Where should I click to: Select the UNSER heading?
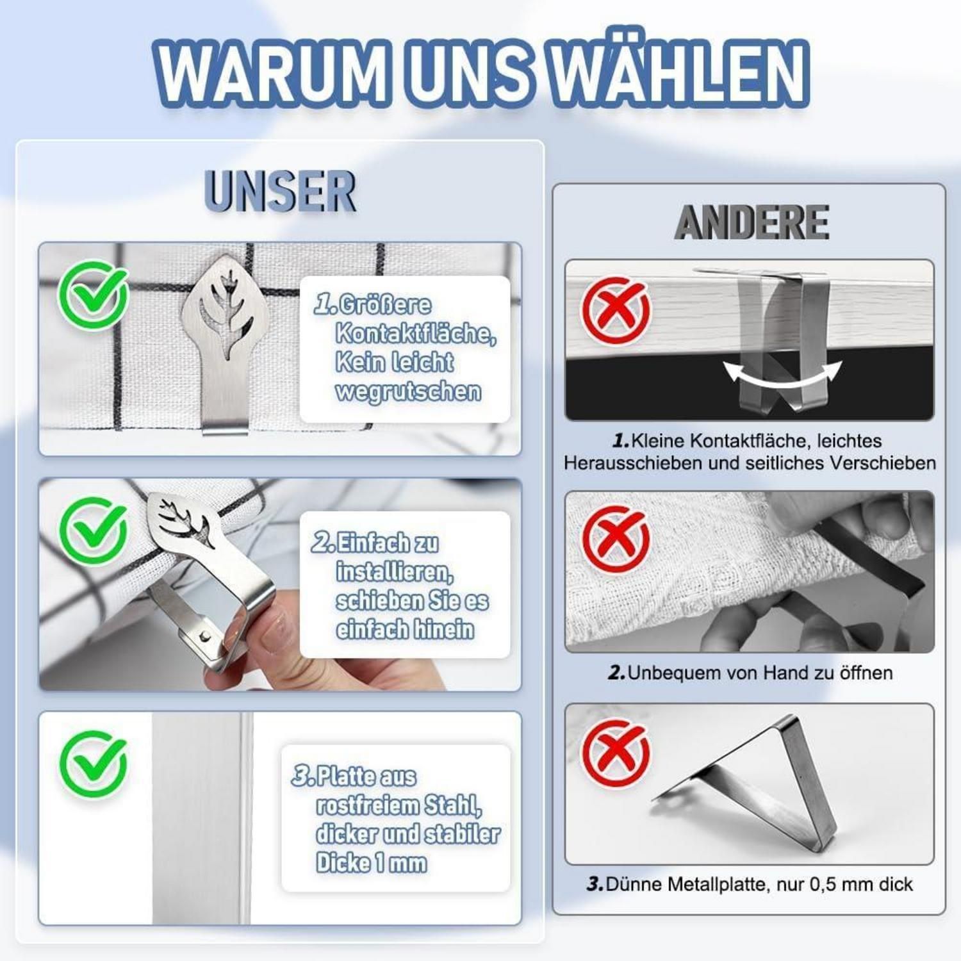(280, 191)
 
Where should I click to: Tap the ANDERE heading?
(752, 223)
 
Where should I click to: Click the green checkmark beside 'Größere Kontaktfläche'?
(94, 295)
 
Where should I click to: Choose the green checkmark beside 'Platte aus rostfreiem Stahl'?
(94, 764)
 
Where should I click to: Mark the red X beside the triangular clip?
(616, 752)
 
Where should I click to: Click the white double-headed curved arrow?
(782, 376)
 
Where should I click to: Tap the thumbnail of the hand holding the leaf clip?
(280, 584)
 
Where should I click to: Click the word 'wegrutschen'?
(408, 391)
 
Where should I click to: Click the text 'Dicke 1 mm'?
(372, 863)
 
